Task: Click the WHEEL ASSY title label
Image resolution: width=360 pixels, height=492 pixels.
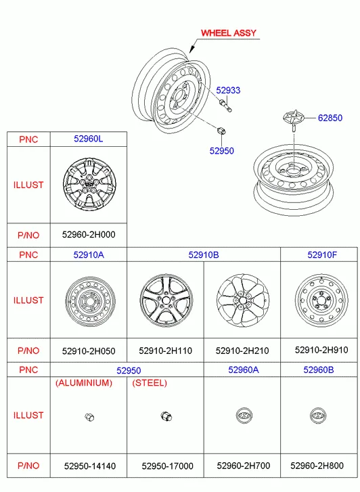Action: [x=228, y=33]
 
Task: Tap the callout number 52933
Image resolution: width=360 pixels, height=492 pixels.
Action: [x=228, y=91]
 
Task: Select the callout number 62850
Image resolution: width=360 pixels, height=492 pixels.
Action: [x=330, y=118]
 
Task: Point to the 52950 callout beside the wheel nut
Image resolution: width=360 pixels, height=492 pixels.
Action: [x=221, y=151]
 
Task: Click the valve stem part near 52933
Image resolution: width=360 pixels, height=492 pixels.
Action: [x=225, y=106]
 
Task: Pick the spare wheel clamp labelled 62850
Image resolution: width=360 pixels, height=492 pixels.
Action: [x=294, y=120]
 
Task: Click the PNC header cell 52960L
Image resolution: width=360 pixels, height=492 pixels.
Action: [x=88, y=139]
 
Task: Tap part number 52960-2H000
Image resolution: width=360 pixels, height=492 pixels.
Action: [x=89, y=235]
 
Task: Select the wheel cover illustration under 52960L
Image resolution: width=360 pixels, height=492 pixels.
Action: [x=89, y=185]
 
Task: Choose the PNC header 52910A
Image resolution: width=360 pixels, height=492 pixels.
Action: [x=89, y=254]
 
